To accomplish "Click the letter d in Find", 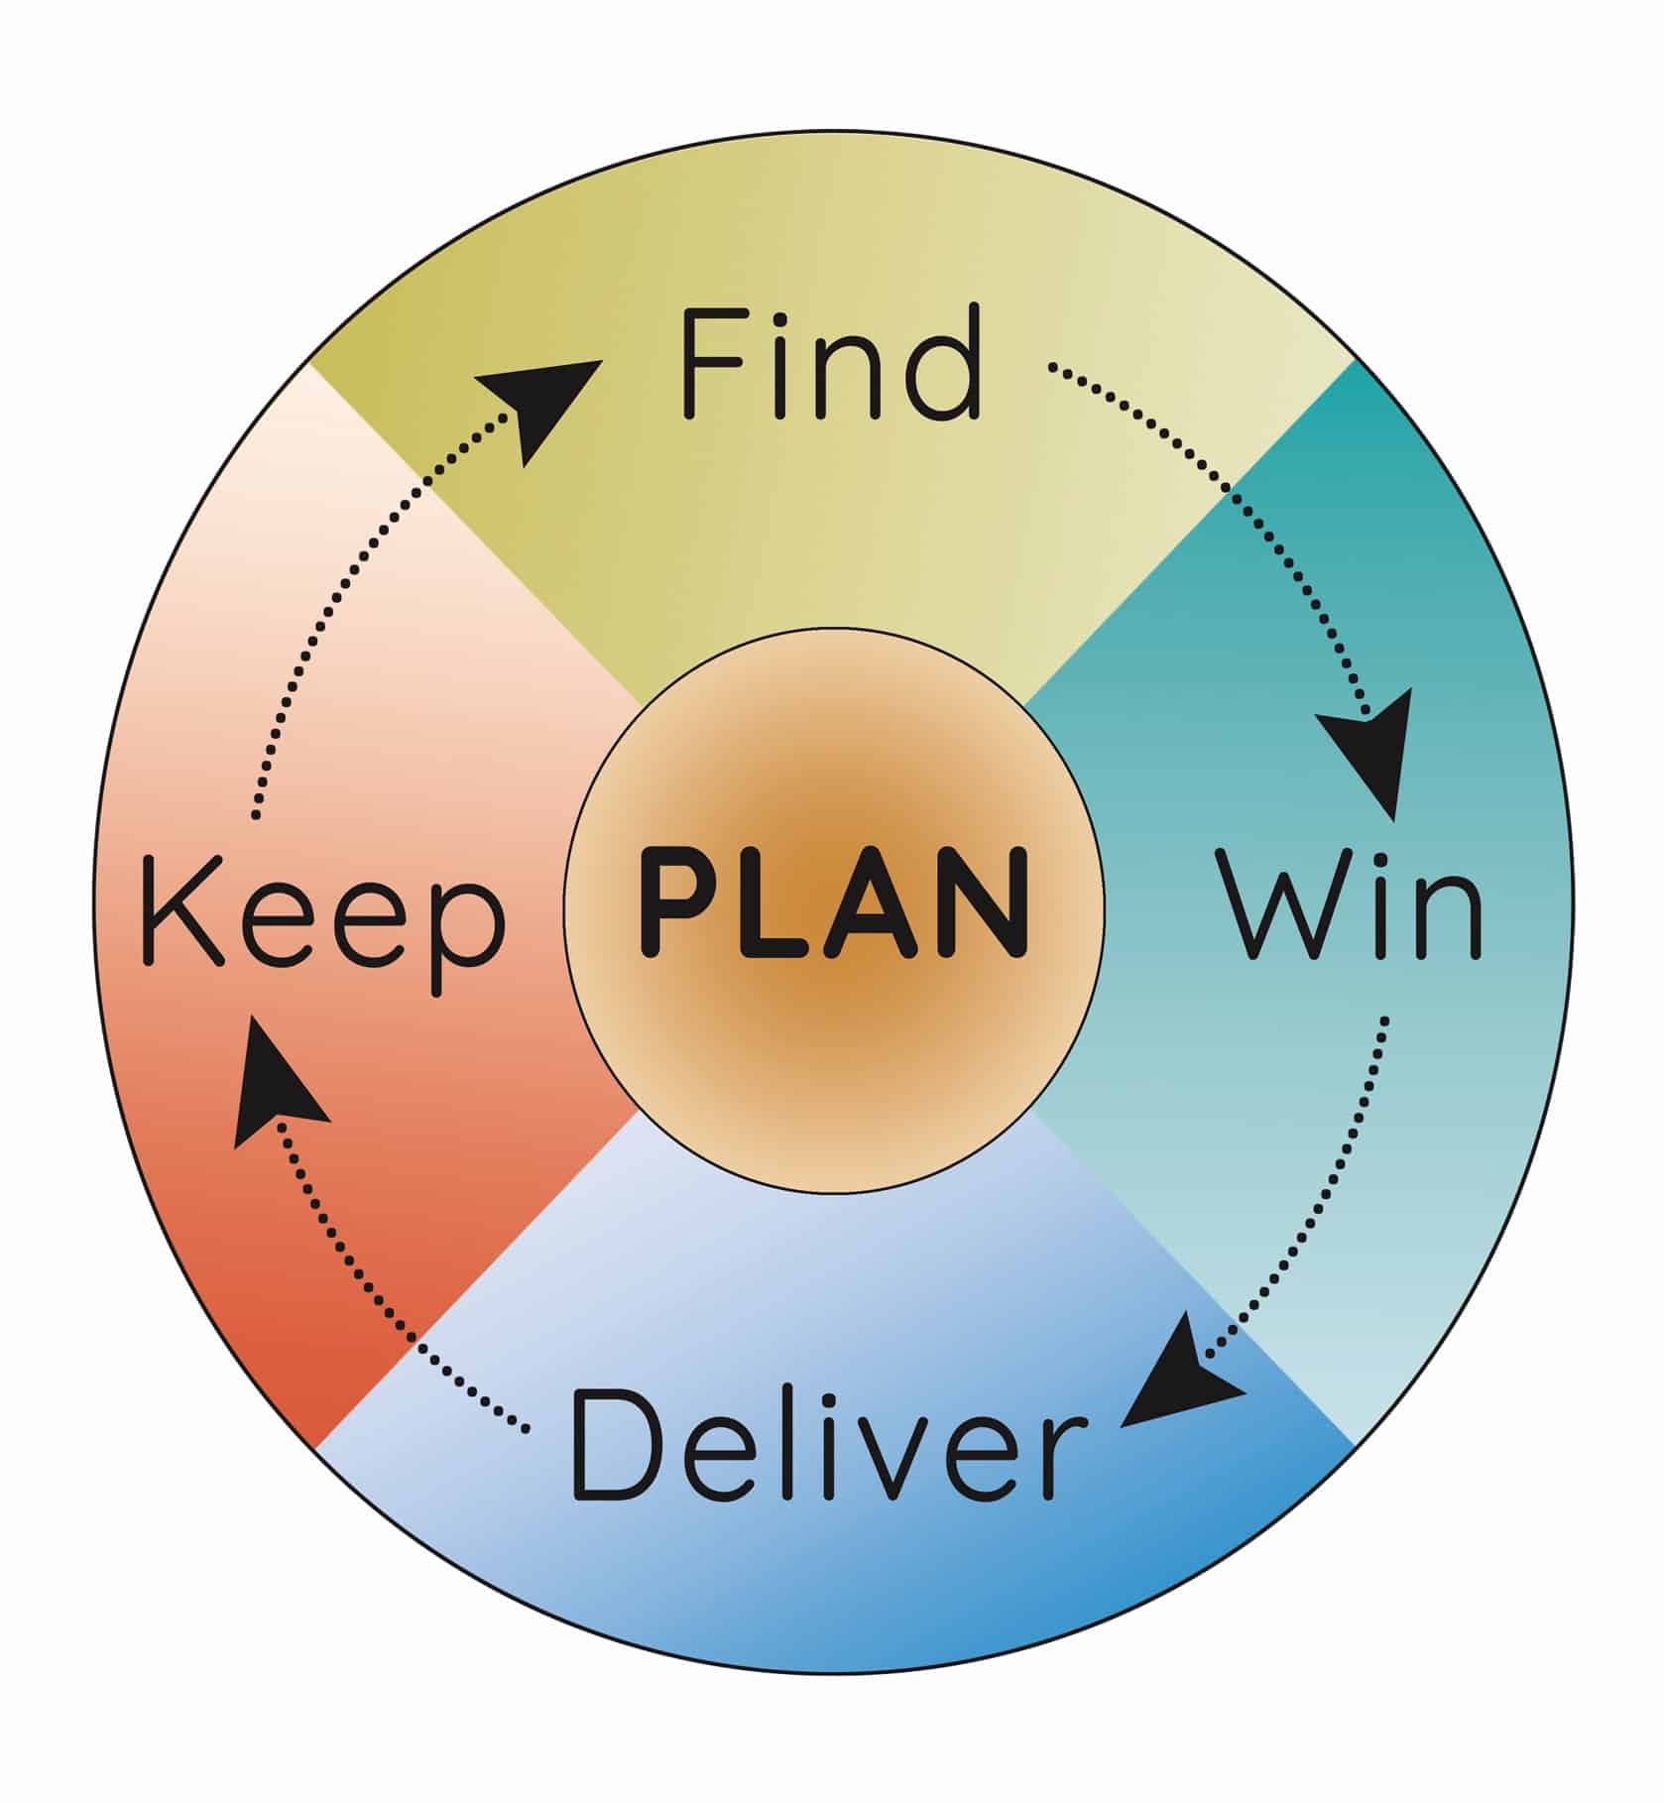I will [942, 364].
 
